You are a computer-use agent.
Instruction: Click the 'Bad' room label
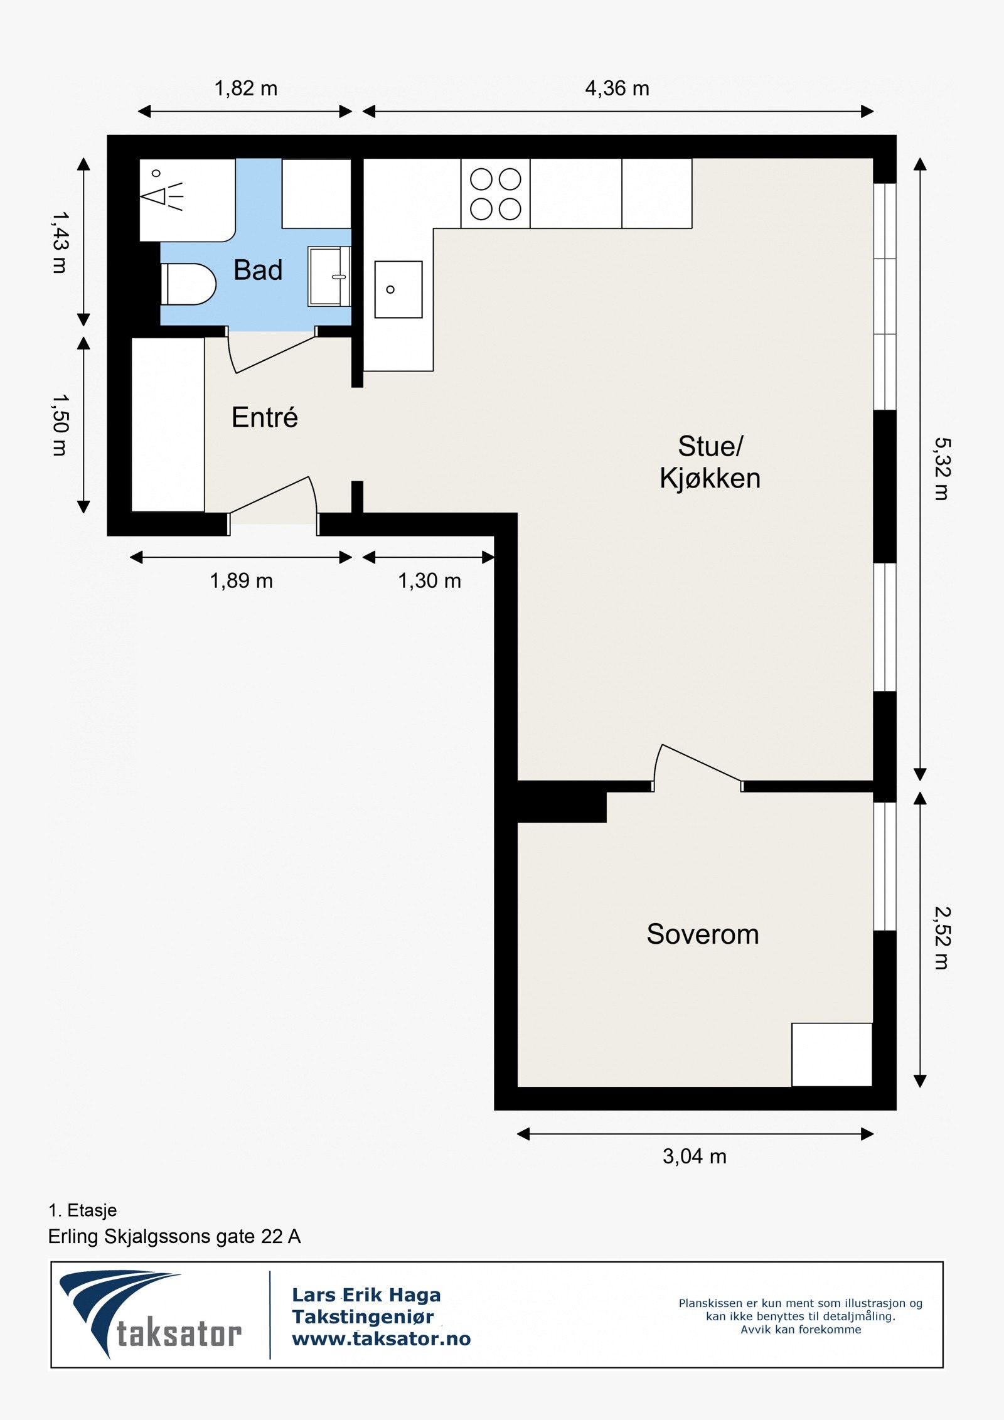point(258,270)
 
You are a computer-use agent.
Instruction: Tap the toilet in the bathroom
point(188,284)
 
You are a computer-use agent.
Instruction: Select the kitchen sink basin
point(398,289)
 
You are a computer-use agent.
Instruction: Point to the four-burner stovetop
point(496,193)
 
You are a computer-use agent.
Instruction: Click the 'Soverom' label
point(703,934)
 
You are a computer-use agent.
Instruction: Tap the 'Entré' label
point(265,417)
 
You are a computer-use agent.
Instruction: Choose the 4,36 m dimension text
point(617,88)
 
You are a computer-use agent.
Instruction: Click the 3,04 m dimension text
point(695,1156)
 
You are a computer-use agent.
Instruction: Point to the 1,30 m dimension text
point(430,581)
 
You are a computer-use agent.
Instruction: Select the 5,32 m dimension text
point(943,469)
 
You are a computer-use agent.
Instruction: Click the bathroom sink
point(329,276)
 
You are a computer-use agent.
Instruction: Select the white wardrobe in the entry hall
point(168,425)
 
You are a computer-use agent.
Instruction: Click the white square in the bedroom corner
point(832,1055)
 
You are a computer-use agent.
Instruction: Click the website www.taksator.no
point(382,1339)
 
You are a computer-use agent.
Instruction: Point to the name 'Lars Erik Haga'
point(366,1295)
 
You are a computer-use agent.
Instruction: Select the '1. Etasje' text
point(83,1210)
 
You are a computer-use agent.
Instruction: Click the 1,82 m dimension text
point(246,88)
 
